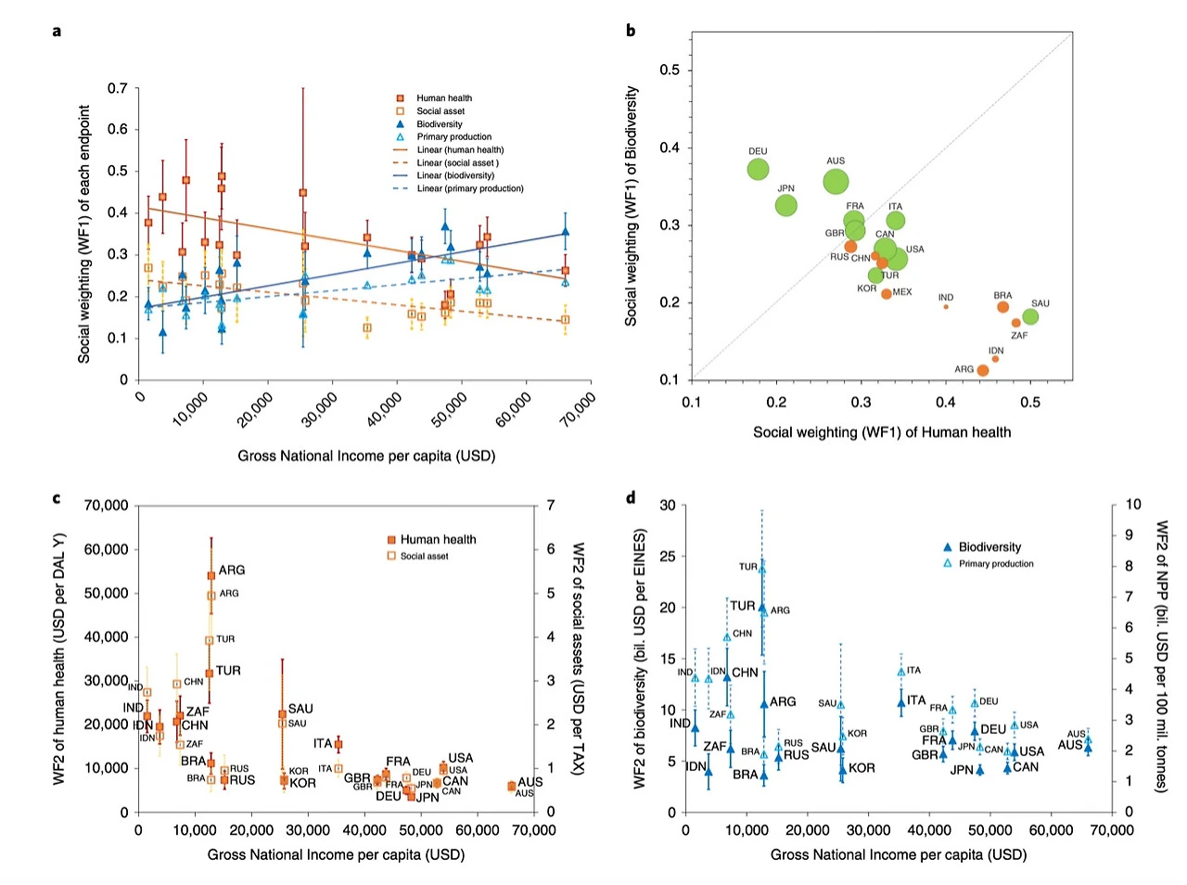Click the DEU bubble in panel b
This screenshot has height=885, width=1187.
(x=759, y=170)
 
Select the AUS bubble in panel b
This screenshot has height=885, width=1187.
(x=836, y=181)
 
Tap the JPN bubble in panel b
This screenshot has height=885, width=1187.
(x=786, y=205)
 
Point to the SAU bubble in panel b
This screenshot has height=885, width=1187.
(x=1030, y=317)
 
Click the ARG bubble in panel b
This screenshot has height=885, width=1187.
(x=983, y=370)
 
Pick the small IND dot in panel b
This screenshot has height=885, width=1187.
(x=946, y=306)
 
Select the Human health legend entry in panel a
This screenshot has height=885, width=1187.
(x=443, y=98)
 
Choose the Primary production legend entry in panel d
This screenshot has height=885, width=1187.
(x=995, y=564)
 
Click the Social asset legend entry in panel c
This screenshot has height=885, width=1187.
(x=424, y=557)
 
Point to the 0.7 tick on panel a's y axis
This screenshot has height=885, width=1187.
(x=118, y=88)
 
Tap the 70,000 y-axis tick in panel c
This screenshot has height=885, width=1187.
(x=106, y=506)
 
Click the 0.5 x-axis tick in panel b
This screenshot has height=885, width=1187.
(x=1030, y=403)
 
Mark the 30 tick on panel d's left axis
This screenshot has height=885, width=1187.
(x=668, y=506)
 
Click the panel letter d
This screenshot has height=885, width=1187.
(x=631, y=498)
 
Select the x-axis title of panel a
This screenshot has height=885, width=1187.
(x=366, y=455)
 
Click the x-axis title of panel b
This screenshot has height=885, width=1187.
(x=882, y=432)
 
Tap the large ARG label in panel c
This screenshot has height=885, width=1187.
(x=232, y=570)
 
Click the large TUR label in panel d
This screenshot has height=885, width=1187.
(x=743, y=606)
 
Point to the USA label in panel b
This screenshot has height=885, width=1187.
(x=915, y=249)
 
